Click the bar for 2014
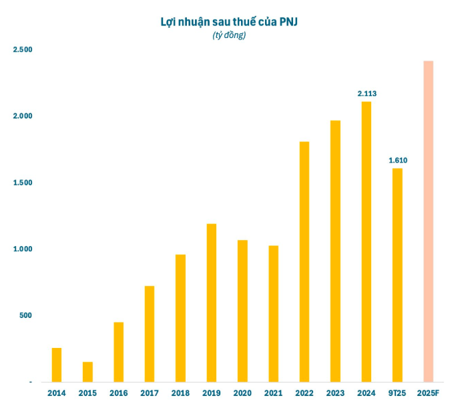coord(57,365)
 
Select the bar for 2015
coord(87,372)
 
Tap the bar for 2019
coord(211,303)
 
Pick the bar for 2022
coord(304,261)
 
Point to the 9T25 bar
coord(397,275)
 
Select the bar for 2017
coord(150,334)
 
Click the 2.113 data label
coord(367,94)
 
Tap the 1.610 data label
coord(398,160)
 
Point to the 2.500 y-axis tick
coord(23,50)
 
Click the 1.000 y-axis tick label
coord(23,249)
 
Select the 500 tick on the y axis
coord(25,315)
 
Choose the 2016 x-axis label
coord(118,393)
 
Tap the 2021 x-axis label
coord(273,393)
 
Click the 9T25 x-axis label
coord(397,393)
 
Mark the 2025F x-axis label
coord(429,393)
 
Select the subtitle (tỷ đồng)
coord(228,35)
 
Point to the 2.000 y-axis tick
coord(23,117)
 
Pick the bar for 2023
coord(335,251)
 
